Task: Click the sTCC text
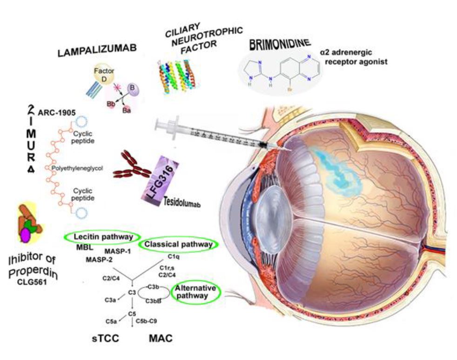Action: pyautogui.click(x=101, y=339)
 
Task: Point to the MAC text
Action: pyautogui.click(x=161, y=339)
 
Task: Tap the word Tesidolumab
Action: pyautogui.click(x=182, y=204)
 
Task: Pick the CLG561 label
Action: pyautogui.click(x=32, y=281)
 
